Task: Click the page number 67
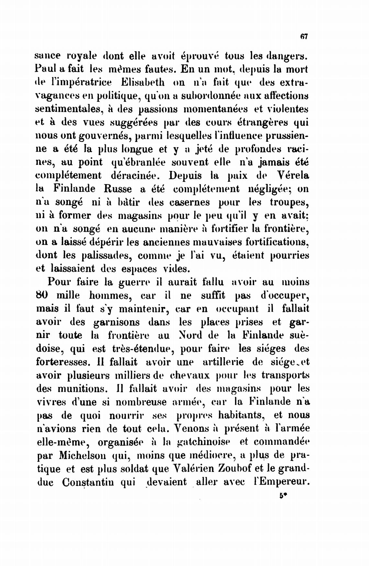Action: [303, 37]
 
